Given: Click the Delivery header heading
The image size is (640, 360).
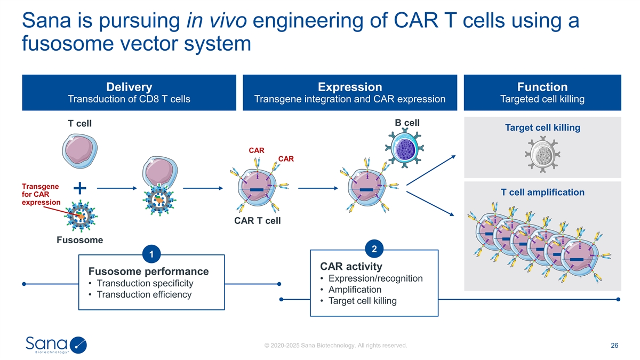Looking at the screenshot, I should coord(129,87).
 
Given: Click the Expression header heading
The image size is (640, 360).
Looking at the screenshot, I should coord(350,87).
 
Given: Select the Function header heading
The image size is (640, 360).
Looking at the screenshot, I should coord(542,87).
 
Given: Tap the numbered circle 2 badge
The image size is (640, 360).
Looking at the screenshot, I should coord(374,249).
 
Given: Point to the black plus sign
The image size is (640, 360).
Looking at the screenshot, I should coord(79,188).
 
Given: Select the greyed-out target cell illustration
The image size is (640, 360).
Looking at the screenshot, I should coord(543,153).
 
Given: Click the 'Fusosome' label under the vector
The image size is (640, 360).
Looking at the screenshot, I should coord(79,240).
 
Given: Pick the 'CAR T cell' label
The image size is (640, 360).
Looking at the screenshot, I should coord(258,220).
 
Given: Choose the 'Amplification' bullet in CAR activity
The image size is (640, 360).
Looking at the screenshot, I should coord(355,290).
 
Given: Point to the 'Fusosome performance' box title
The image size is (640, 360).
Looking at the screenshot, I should coord(148,271).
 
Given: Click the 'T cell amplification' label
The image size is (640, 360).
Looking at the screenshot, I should coord(542,192).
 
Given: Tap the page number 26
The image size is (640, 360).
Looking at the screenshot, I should coord(614,346).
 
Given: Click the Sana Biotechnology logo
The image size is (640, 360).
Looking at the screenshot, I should coord(56,345).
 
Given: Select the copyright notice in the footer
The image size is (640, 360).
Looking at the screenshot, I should coord(335,346).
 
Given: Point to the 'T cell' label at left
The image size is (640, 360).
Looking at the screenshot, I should coord(80,124).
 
